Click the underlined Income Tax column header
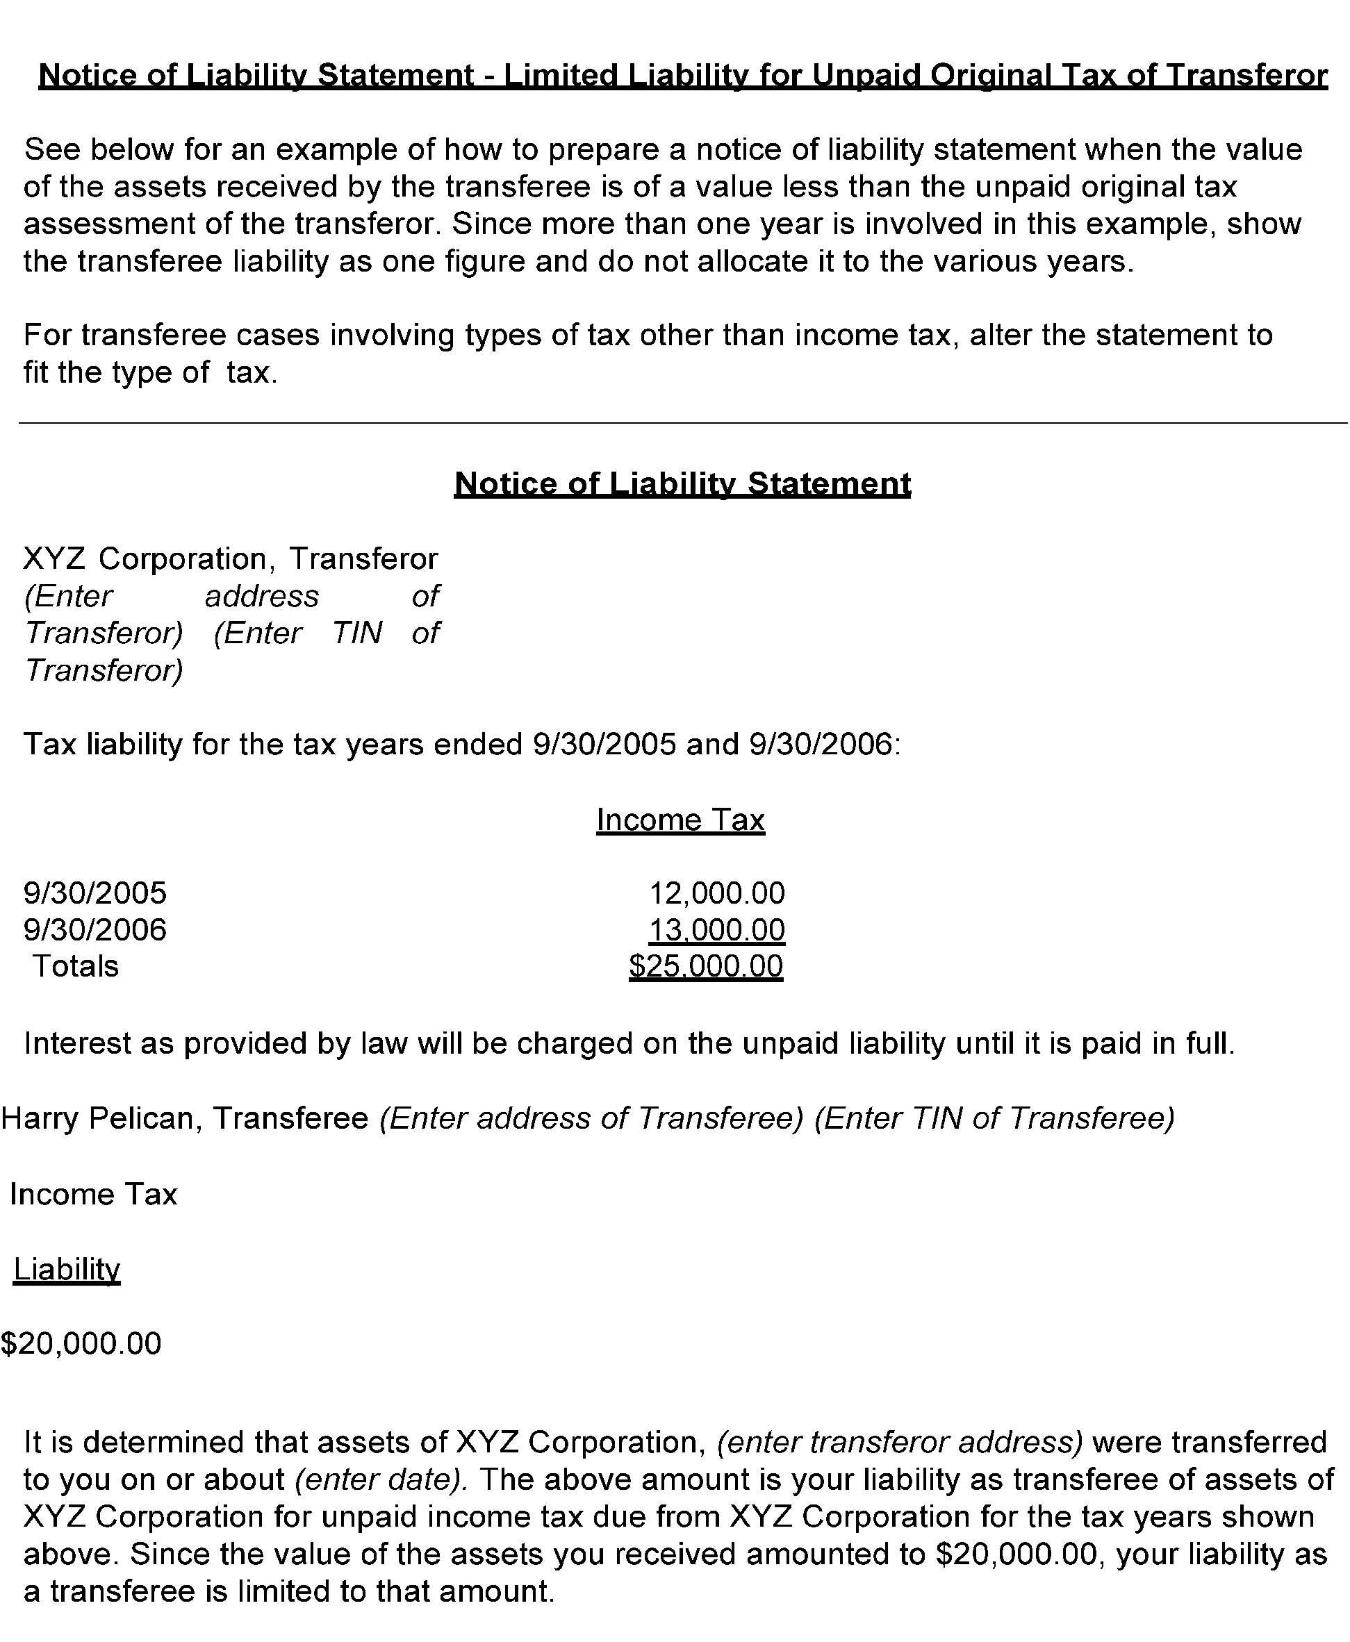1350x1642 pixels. (680, 820)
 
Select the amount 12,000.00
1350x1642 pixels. (716, 893)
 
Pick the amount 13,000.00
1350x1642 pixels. (716, 930)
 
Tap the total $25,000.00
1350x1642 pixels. (705, 966)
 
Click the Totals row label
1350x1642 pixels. (76, 966)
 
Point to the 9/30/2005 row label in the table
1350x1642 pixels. (95, 893)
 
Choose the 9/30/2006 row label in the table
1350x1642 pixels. (95, 930)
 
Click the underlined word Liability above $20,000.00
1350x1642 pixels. (67, 1269)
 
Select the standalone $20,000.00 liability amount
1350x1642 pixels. (81, 1343)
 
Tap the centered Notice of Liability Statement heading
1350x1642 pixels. (682, 483)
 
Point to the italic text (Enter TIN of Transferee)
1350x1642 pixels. (994, 1118)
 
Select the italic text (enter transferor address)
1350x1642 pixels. (900, 1442)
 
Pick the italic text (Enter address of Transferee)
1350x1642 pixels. (591, 1118)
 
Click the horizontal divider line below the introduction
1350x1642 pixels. (682, 423)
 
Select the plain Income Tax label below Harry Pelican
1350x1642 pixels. (93, 1193)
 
